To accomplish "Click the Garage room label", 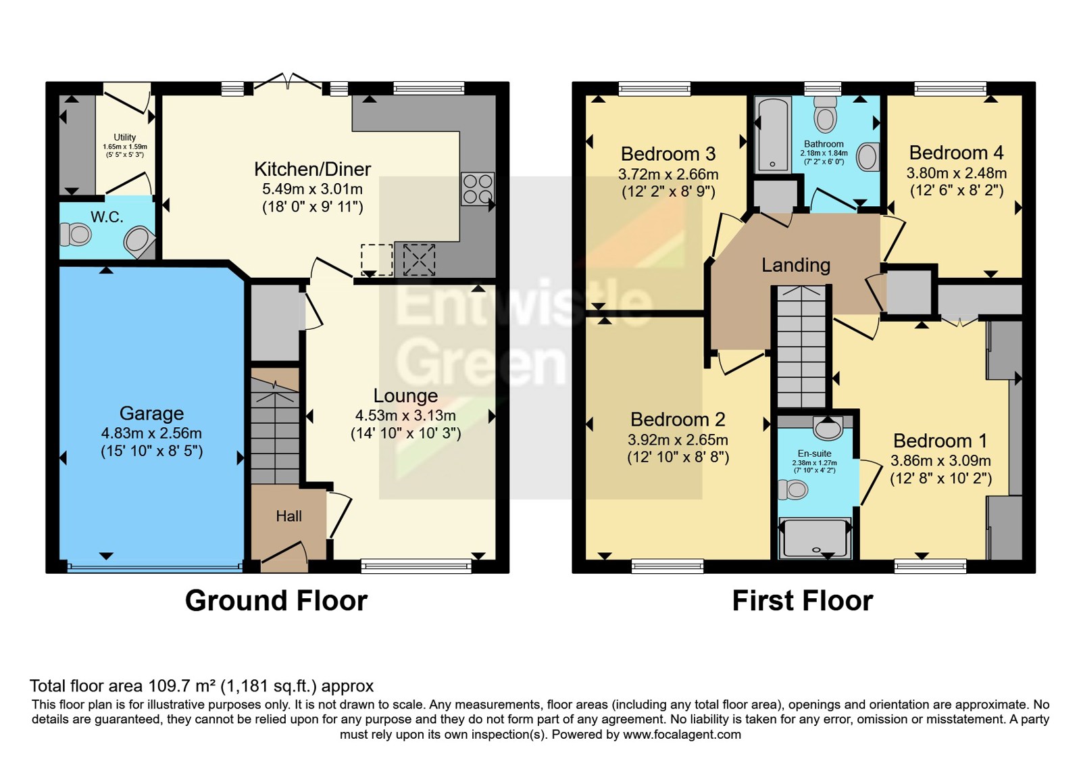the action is (151, 413).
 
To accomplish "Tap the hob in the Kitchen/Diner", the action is (477, 189).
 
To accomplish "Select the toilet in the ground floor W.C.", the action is (75, 235).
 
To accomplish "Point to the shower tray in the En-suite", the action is (815, 538).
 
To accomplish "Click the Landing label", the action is (796, 264).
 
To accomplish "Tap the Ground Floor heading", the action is (276, 601).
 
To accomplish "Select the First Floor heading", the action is (803, 601).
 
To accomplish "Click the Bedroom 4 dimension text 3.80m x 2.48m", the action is (957, 173).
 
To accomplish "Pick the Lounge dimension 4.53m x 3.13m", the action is (405, 416).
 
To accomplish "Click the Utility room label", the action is (124, 137).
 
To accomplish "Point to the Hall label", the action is (288, 516).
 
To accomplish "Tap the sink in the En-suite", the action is (828, 428).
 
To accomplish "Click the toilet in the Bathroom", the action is (825, 114).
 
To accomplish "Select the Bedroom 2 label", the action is (678, 420).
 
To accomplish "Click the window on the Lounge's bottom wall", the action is (416, 566).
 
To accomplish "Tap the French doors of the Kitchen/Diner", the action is (288, 82).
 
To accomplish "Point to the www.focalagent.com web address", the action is (682, 735).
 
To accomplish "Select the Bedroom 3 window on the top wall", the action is (655, 89).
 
